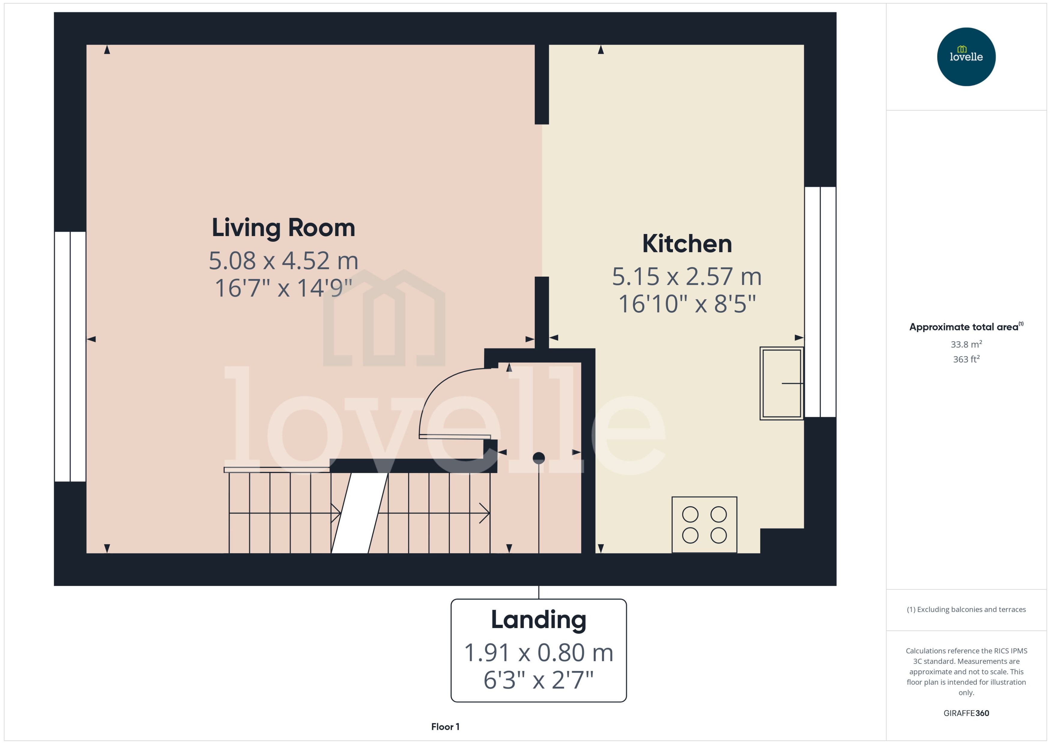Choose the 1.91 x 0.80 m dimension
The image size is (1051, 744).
pyautogui.click(x=538, y=652)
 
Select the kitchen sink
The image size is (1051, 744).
pyautogui.click(x=781, y=383)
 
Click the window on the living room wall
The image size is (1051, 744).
pyautogui.click(x=70, y=357)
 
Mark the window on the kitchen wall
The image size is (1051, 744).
pyautogui.click(x=820, y=302)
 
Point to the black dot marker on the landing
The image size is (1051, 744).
pyautogui.click(x=538, y=458)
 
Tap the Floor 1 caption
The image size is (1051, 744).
pyautogui.click(x=445, y=727)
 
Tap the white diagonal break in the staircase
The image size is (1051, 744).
pyautogui.click(x=359, y=513)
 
